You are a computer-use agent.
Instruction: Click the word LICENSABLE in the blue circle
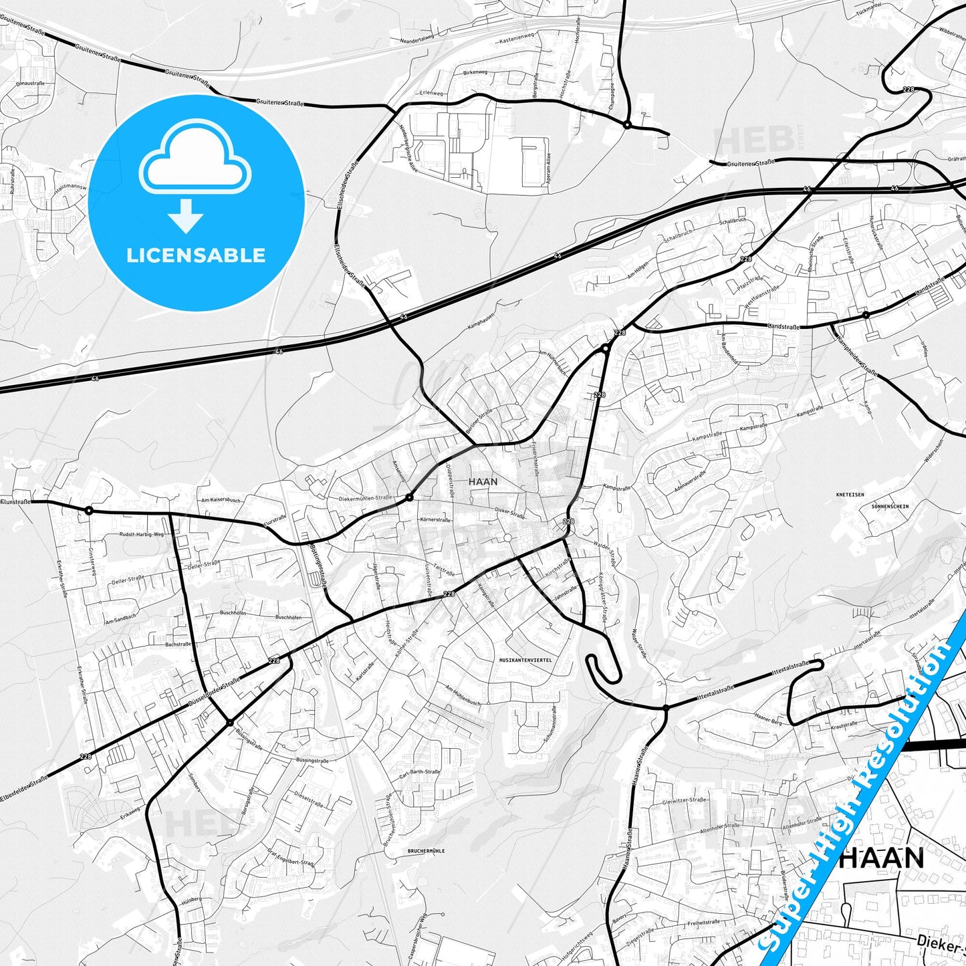196,255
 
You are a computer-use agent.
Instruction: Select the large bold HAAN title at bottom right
881,858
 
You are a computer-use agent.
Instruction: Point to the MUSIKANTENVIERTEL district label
525,660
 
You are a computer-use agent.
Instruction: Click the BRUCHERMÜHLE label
426,851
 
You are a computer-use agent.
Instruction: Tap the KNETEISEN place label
850,495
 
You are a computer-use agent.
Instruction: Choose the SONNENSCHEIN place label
890,507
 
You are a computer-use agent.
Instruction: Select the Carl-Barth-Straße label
419,775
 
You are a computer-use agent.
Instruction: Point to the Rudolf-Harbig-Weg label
141,535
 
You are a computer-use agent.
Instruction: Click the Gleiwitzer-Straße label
684,801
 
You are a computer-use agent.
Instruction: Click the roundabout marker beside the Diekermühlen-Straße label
409,497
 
